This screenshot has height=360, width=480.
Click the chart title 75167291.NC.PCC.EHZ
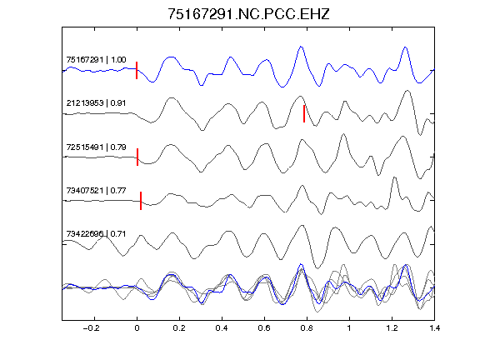(248, 14)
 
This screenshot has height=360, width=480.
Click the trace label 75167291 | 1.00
(96, 59)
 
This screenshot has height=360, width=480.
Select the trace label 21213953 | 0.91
(96, 102)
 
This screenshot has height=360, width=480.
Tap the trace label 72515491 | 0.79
(96, 147)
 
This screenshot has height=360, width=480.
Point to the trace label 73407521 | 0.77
(96, 191)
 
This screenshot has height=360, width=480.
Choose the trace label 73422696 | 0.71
(96, 234)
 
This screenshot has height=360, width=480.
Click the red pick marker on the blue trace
(137, 70)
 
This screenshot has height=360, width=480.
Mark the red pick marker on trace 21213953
(304, 113)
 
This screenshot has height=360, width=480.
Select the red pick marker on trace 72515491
(137, 157)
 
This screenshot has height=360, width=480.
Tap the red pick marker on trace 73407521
(141, 201)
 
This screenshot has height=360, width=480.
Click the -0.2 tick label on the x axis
(91, 328)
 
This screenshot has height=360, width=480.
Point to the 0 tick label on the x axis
(137, 328)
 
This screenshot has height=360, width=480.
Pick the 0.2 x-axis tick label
(179, 328)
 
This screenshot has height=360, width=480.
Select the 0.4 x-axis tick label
(222, 328)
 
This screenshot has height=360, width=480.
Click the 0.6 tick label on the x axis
(264, 328)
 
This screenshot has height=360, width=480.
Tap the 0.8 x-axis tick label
(307, 328)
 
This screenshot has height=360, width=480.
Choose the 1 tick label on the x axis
(349, 328)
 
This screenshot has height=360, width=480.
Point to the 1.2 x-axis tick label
(392, 328)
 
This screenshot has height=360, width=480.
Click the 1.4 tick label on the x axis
(434, 328)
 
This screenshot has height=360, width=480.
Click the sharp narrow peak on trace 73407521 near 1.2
(394, 177)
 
